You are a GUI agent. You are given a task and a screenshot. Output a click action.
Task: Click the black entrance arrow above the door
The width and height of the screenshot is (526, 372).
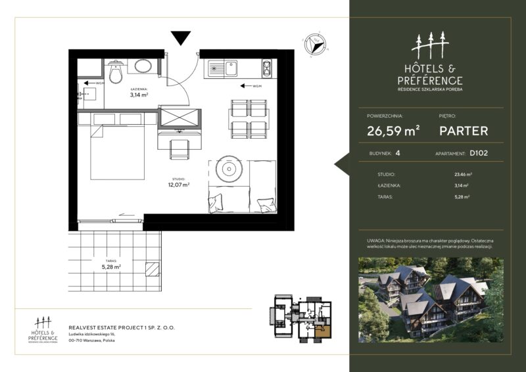point(180,37)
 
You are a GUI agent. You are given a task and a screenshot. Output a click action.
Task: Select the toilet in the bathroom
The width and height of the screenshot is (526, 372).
point(116,74)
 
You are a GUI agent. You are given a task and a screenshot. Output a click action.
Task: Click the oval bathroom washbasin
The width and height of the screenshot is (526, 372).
point(143,66)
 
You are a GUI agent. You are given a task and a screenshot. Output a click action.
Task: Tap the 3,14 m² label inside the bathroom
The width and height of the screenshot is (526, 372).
point(138,95)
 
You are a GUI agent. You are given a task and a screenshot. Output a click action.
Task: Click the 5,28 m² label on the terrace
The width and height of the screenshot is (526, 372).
point(110,267)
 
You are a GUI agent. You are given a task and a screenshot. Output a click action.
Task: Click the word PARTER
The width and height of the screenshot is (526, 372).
point(464,131)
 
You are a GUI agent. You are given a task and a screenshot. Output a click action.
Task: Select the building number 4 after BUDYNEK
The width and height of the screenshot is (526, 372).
point(397,155)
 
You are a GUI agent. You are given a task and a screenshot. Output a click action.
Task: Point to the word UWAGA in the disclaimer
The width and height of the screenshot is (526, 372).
point(377,241)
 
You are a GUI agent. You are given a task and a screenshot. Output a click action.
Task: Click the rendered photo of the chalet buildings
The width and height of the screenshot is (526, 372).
point(431,300)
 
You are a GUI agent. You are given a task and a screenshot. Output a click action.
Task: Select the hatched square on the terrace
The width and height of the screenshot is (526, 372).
point(152,269)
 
